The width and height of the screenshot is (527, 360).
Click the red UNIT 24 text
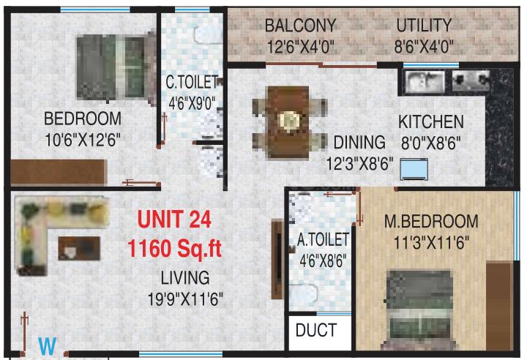coord(174,220)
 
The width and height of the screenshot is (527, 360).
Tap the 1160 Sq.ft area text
coord(174,249)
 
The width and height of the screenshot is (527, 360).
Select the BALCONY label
coord(301,26)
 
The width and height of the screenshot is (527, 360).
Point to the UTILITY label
coord(424,26)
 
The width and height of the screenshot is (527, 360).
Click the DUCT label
coord(316,330)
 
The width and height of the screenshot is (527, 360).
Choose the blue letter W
coord(47,346)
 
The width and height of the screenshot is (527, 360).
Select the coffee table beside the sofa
coord(79,248)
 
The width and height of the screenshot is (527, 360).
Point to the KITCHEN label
coord(431,121)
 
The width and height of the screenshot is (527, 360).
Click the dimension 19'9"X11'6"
coord(185,299)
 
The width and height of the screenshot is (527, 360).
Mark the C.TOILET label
coord(192,82)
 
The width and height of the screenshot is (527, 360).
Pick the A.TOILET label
coord(323,239)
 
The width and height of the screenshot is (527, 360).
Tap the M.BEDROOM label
coord(431,221)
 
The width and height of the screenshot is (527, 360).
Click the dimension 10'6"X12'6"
coord(83,140)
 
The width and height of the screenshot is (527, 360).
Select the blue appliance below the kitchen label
coord(414,169)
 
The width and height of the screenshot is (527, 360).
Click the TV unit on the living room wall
coord(277,259)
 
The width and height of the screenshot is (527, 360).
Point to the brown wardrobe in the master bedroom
coord(499,306)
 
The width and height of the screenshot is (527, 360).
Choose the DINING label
coord(359,142)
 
